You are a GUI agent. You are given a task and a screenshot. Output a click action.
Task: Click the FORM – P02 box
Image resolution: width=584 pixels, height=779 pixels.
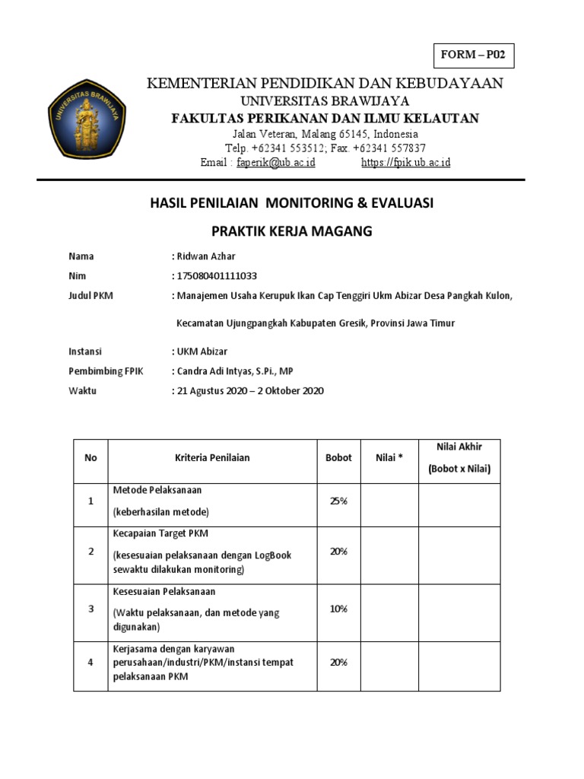pos(473,56)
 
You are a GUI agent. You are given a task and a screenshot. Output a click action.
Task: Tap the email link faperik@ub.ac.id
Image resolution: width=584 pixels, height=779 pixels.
pos(275,163)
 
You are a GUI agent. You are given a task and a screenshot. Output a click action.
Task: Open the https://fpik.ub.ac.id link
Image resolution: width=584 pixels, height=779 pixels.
pos(405,163)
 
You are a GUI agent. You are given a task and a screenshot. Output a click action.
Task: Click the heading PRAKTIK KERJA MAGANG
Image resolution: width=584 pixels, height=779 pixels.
pos(291,231)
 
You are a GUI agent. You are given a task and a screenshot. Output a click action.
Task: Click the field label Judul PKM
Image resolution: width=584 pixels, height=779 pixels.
pos(90,296)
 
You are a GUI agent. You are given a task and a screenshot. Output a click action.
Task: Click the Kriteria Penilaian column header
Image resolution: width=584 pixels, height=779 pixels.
pos(212,458)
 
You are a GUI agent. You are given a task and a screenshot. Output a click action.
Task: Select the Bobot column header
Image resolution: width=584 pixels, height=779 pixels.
pos(338,458)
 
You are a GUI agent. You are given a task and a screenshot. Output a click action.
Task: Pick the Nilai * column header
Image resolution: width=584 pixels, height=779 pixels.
pos(389,458)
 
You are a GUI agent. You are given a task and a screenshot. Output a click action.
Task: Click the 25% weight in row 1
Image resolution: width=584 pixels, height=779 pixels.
pos(338,500)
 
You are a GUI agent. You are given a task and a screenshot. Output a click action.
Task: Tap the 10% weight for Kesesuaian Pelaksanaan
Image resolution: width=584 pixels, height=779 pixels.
pos(338,609)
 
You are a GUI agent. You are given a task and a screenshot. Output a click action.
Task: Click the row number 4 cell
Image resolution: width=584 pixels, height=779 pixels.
pos(90,663)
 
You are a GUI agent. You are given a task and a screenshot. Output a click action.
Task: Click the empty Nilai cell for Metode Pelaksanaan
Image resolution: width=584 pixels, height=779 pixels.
pos(389,505)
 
